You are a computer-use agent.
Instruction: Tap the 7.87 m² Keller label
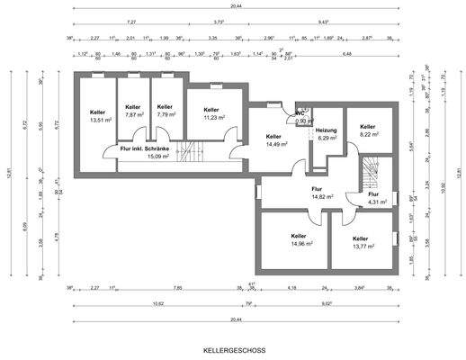tap(134, 111)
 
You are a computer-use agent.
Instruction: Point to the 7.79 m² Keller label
tap(165, 111)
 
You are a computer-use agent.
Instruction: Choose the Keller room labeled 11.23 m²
tap(212, 114)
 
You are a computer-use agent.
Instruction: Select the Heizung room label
tap(326, 134)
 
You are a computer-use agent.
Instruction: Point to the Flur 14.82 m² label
tap(322, 192)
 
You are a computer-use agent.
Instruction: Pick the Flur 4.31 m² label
tap(374, 198)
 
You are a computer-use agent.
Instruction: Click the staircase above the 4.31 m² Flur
tap(369, 171)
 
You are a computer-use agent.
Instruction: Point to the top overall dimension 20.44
tap(235, 4)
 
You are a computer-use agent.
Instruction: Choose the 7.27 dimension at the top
tap(131, 21)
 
